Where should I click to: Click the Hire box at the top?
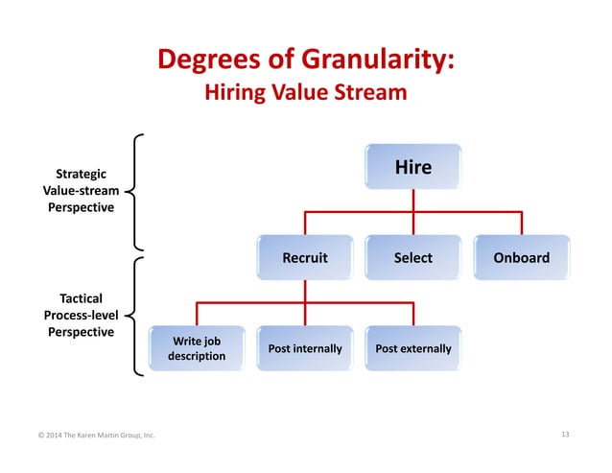tap(412, 168)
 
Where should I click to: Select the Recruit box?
tap(305, 258)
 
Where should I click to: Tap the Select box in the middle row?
tap(412, 258)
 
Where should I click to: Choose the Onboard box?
tap(521, 258)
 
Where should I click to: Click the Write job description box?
tap(197, 348)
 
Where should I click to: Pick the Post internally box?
tap(305, 348)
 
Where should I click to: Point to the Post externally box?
tap(412, 348)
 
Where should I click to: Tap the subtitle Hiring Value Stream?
tap(306, 94)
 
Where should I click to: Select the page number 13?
tap(564, 436)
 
